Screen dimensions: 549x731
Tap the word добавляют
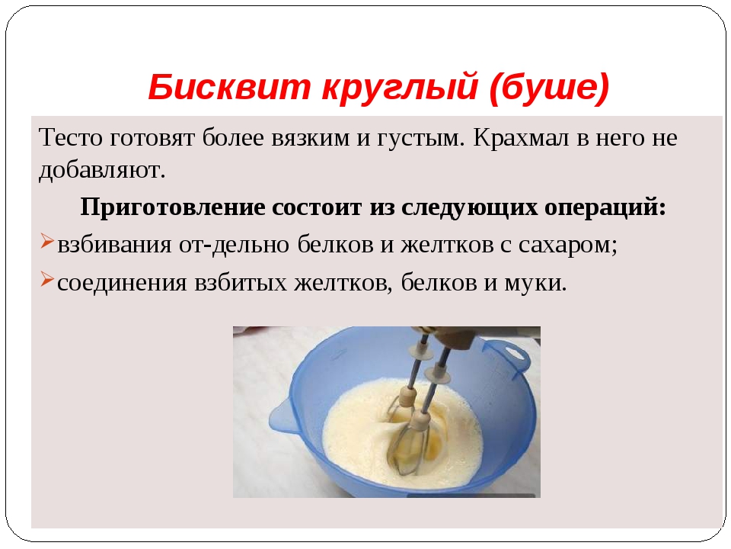[101, 170]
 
